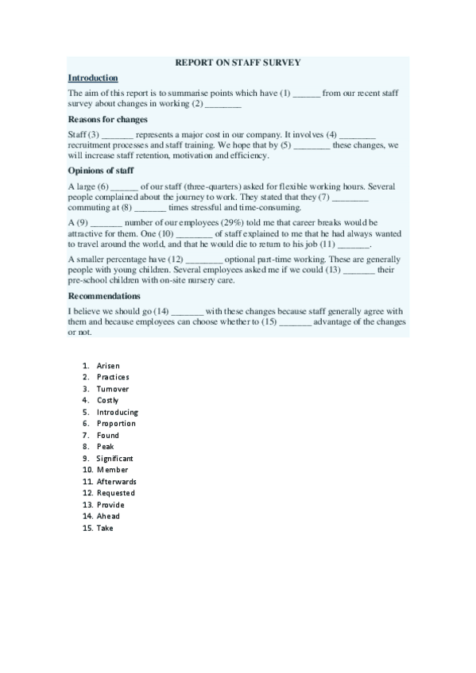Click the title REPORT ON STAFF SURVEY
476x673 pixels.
point(238,62)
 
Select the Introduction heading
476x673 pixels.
point(93,78)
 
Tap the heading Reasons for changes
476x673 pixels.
point(107,119)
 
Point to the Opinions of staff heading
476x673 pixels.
point(101,171)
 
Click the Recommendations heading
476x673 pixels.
point(110,296)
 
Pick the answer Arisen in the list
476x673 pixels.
point(108,366)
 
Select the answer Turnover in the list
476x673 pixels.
point(112,389)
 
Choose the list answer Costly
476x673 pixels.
point(107,401)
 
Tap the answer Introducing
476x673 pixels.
point(117,412)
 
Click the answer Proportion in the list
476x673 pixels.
point(116,424)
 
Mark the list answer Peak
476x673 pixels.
point(105,447)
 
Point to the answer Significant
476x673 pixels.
point(114,459)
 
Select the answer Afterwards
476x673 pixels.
point(116,482)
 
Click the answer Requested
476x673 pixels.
point(115,494)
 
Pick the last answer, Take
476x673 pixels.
point(104,528)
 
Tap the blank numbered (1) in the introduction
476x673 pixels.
point(307,94)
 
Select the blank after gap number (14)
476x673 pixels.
point(188,310)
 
